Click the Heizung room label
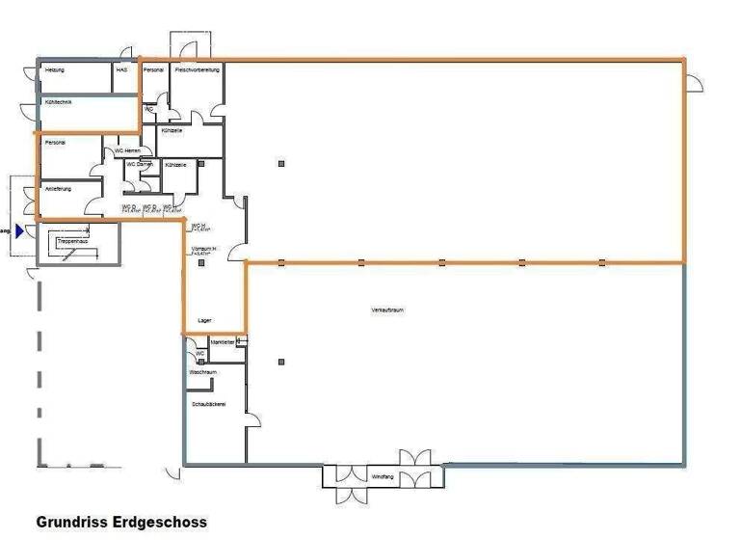[54, 70]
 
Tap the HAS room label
[121, 70]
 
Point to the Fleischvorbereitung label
[198, 70]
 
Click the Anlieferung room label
[58, 188]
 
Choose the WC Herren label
[128, 150]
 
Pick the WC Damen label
[141, 165]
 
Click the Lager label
[203, 319]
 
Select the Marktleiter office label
[223, 341]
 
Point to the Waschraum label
[202, 371]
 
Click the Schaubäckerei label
[209, 404]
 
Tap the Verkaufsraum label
[386, 310]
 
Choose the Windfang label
[383, 476]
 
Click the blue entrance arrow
[19, 230]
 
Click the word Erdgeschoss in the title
[155, 522]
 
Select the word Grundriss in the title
[68, 522]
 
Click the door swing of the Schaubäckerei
[253, 421]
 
